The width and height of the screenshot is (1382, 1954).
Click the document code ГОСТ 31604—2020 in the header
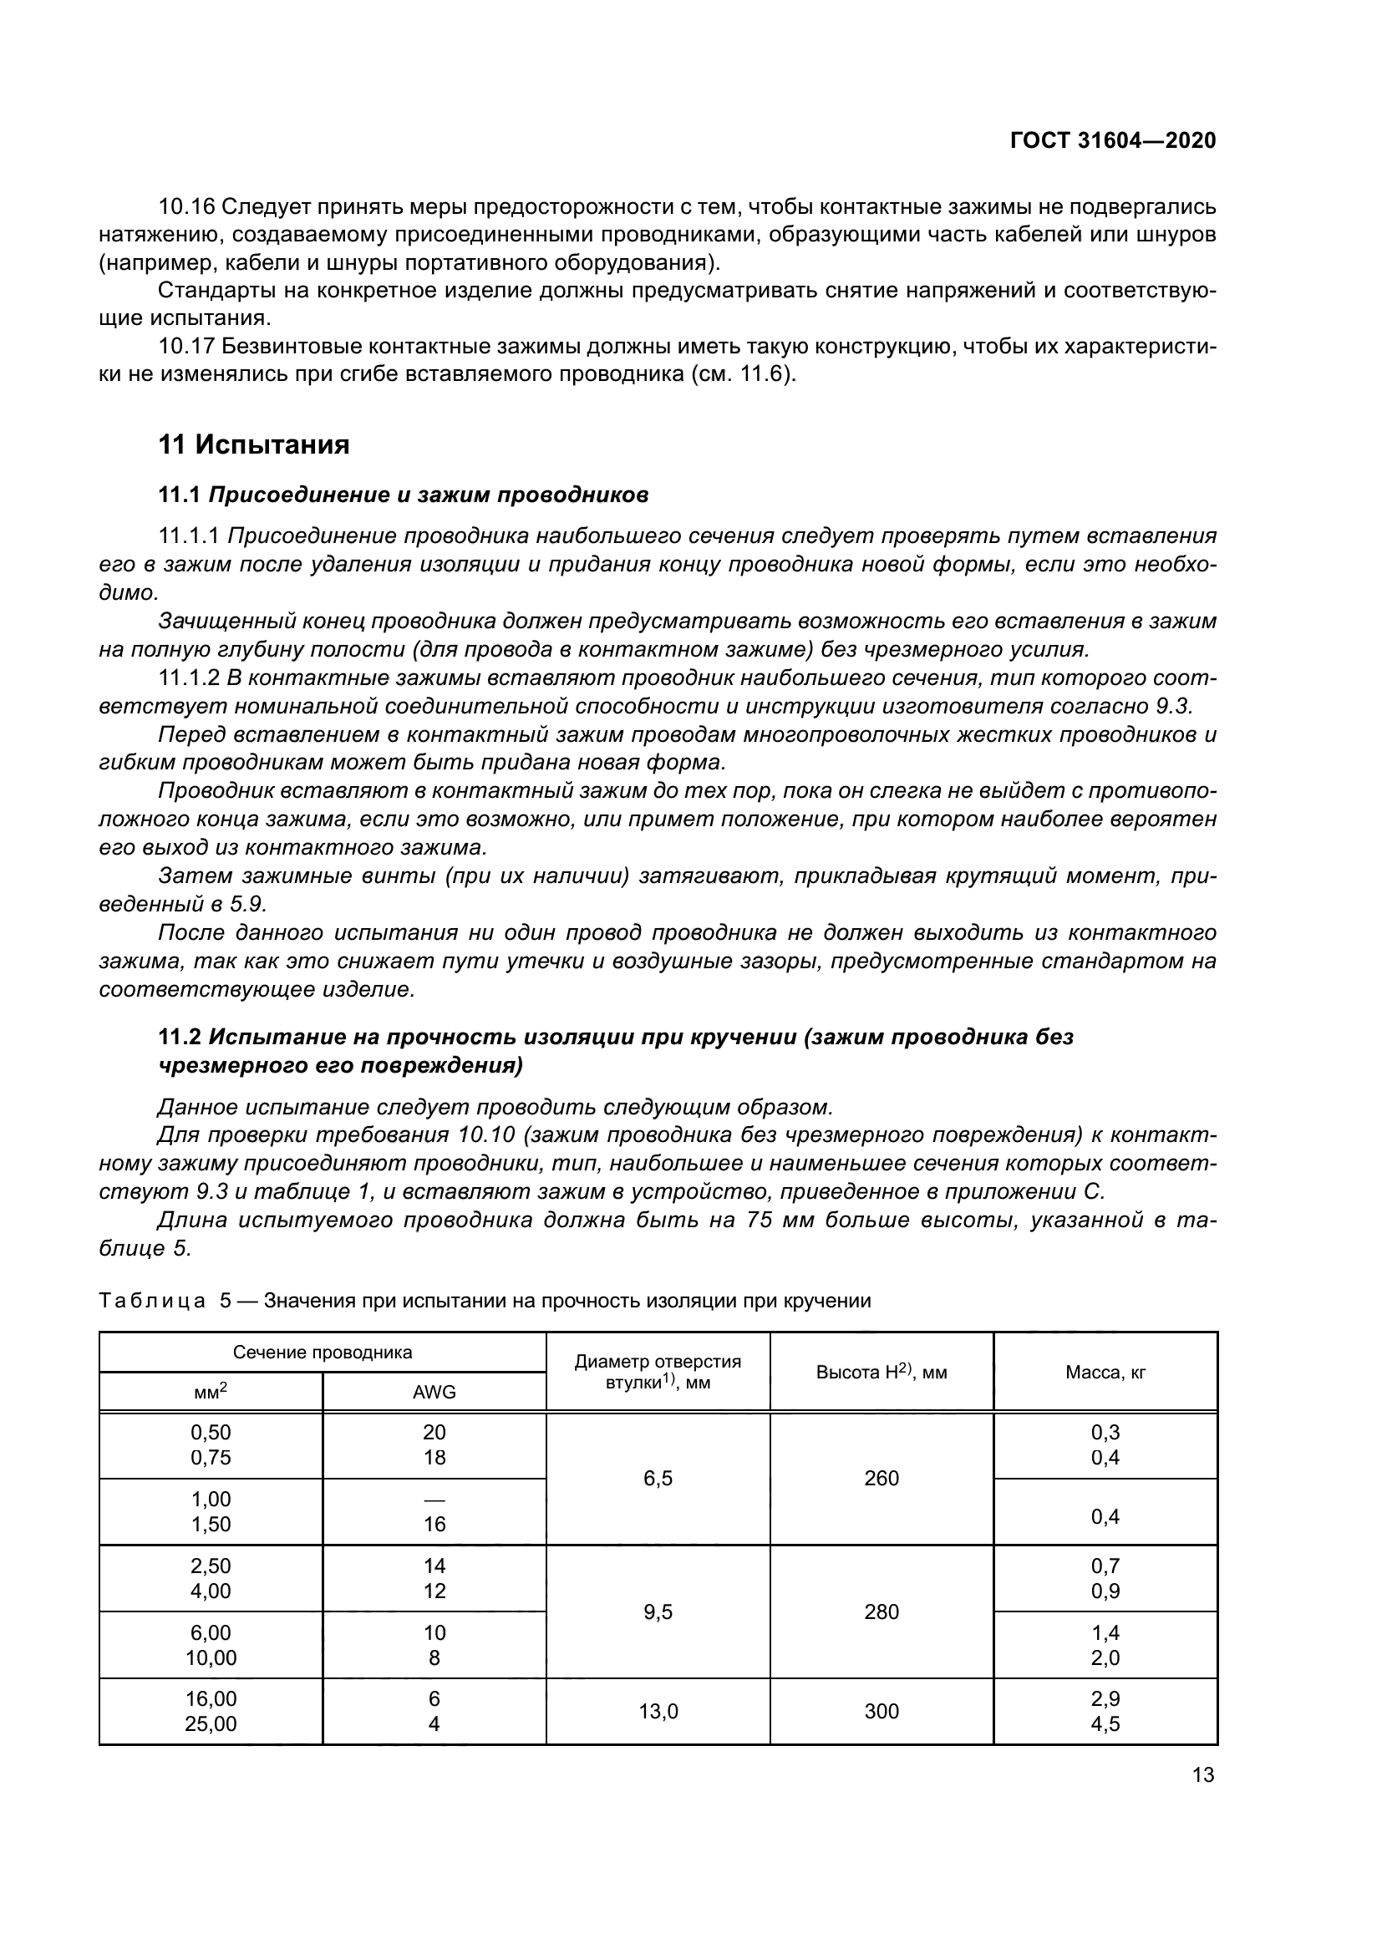coord(1112,140)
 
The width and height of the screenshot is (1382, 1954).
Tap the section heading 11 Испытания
coord(254,444)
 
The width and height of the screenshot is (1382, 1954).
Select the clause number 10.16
coord(185,207)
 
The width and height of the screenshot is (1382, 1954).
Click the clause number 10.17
coord(185,347)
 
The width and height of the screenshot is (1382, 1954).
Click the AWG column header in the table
coord(434,1392)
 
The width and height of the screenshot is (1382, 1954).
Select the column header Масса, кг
coord(1105,1372)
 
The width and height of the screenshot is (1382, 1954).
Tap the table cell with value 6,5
coord(658,1479)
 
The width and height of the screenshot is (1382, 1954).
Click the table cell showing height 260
coord(881,1479)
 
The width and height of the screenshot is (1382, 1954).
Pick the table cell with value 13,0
coord(658,1711)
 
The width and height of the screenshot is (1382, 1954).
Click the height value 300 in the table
coord(881,1711)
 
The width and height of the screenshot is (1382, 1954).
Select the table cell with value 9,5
coord(658,1611)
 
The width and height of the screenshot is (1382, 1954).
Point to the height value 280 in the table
coord(881,1611)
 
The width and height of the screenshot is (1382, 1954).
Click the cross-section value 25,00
coord(211,1723)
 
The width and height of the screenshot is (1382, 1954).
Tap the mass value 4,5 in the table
coord(1105,1723)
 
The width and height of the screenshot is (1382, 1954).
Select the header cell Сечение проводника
coord(323,1353)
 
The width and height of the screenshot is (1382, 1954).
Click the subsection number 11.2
coord(180,1037)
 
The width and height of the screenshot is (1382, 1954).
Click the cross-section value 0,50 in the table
coord(211,1433)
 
